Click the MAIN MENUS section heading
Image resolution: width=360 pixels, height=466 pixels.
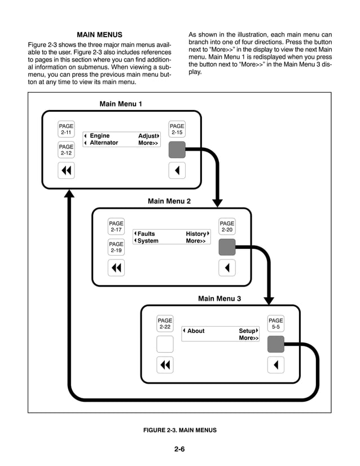pos(99,35)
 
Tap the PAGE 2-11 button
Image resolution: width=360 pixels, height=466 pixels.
pos(66,129)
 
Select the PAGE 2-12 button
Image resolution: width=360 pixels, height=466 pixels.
pos(66,150)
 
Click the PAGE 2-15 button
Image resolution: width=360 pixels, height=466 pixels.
pos(177,129)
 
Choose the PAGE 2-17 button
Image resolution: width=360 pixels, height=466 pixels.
pos(116,227)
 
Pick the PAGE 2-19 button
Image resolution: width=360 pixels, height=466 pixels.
pos(116,247)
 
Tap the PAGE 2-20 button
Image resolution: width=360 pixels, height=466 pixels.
pos(227,227)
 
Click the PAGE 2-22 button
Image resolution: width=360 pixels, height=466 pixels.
pos(165,324)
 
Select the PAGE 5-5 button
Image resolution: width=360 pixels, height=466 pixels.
pos(276,324)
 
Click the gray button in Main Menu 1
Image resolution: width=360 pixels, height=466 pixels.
pos(177,150)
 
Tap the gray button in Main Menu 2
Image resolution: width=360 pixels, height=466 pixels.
pos(227,247)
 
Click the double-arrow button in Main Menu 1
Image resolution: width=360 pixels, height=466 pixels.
pos(66,170)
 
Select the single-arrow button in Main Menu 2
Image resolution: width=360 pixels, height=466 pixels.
pos(227,267)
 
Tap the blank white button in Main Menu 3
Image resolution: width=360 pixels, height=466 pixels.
pos(165,344)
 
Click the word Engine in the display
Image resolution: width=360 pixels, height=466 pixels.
pos(100,136)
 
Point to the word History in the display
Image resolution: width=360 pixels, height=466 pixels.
pos(196,234)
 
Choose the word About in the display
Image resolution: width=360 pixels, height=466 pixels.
pos(196,331)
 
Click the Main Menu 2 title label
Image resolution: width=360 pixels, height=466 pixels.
pos(169,201)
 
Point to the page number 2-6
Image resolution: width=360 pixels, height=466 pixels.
pos(179,450)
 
